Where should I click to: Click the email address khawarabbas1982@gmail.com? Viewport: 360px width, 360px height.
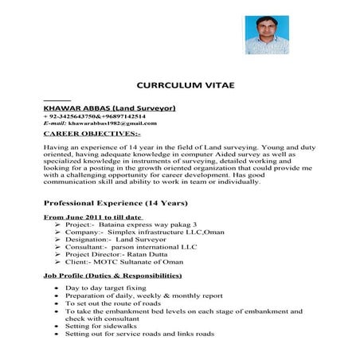[112, 123]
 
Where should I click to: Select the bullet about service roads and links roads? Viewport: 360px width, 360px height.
[139, 335]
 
